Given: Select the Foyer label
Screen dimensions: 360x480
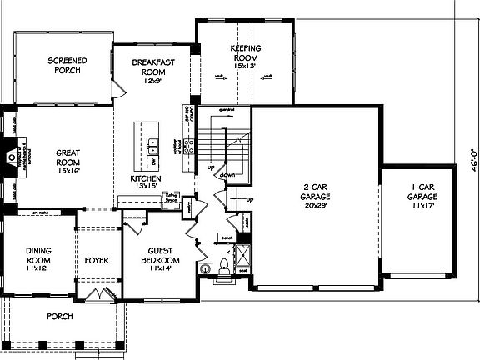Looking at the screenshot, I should coord(97,259).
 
